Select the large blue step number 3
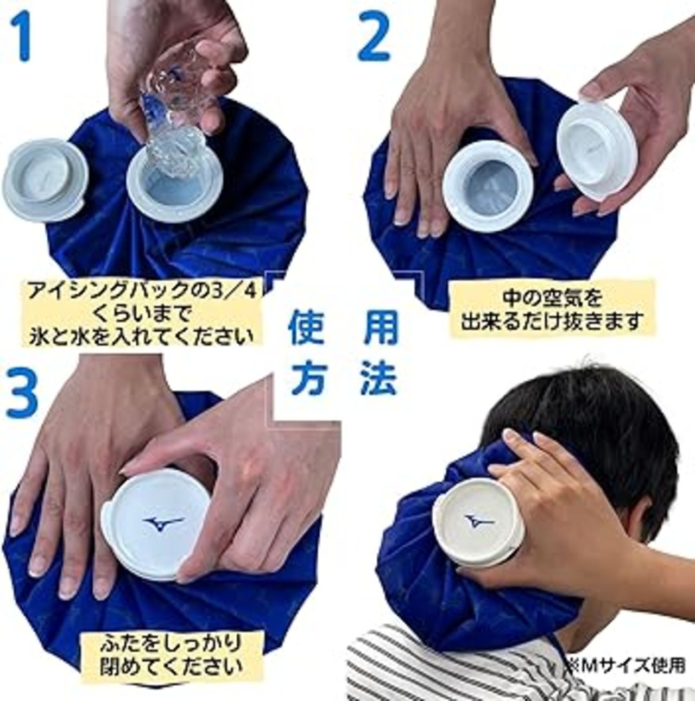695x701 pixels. tap(22, 394)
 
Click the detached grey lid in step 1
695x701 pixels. tap(45, 180)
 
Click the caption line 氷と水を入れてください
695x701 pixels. tap(142, 336)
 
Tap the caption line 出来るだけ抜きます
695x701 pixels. tap(550, 321)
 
